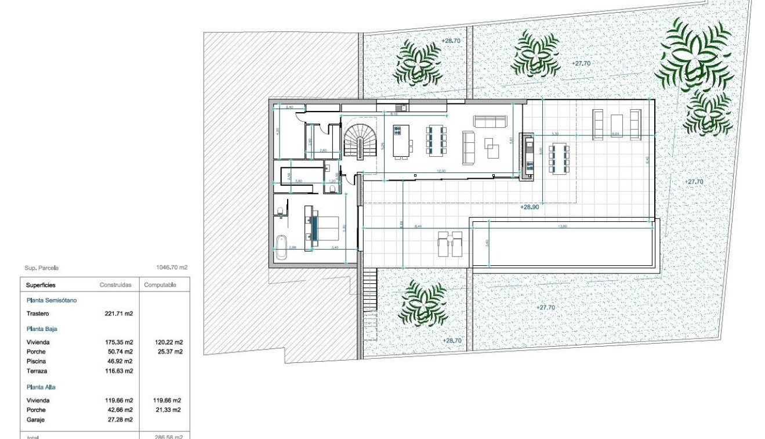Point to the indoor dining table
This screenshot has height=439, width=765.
(x=437, y=140)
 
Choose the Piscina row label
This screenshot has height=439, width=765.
(x=36, y=361)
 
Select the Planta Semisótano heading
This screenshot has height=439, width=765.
(x=52, y=300)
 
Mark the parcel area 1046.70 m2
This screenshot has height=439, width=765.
(x=172, y=268)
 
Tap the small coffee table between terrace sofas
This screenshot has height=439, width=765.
(x=617, y=124)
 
